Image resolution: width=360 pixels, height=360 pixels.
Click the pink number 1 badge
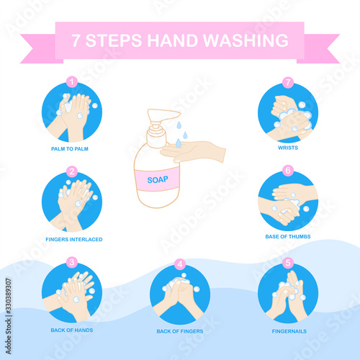72,82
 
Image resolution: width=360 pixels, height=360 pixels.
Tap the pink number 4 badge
180,264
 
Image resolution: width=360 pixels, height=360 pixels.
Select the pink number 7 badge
288,83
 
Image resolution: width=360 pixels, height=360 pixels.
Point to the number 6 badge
288,171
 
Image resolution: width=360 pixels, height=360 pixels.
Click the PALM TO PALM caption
70,149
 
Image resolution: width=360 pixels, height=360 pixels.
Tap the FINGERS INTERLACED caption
74,239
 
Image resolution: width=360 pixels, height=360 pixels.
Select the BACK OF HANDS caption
72,330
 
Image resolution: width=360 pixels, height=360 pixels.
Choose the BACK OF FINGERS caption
180,331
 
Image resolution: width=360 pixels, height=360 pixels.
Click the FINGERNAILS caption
289,331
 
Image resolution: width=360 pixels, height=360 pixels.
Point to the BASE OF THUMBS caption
288,236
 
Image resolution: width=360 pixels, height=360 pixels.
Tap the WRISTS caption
288,148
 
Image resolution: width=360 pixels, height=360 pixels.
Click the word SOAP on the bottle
158,179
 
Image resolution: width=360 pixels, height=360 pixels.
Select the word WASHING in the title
246,40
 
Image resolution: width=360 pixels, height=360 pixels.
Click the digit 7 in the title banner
76,40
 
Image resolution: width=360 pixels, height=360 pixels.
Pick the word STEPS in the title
114,40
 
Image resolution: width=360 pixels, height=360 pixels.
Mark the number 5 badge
288,263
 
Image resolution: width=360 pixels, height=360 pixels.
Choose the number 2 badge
72,171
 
